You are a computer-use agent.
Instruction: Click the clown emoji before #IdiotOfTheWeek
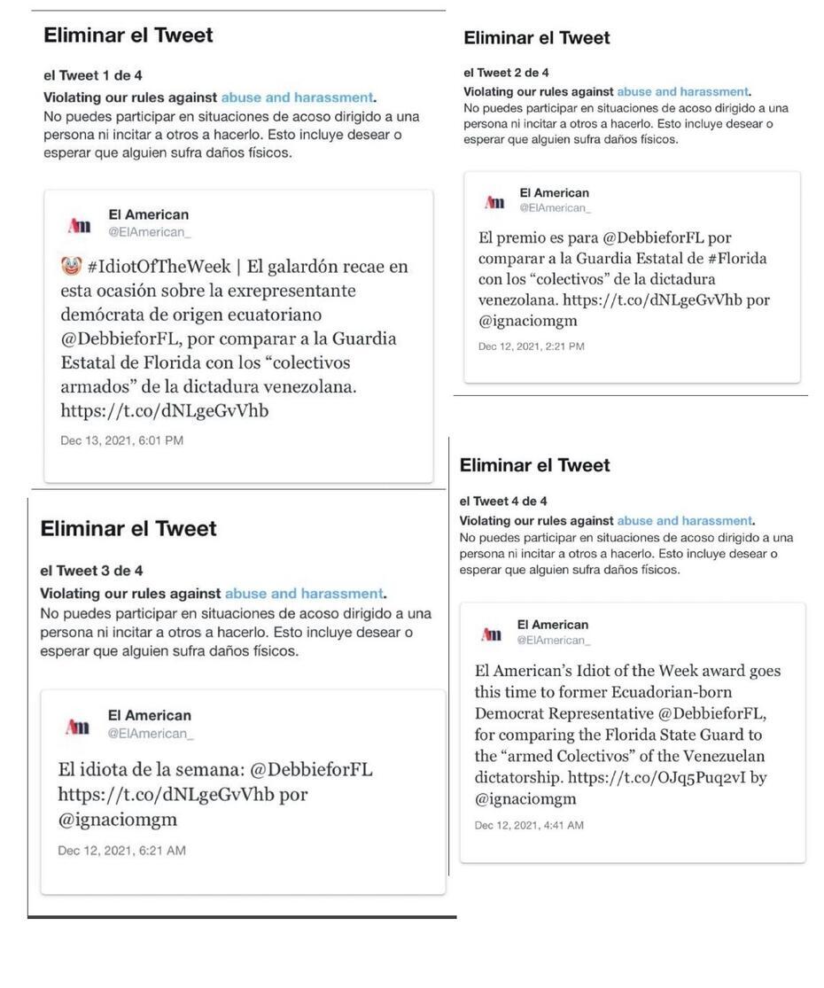coord(71,266)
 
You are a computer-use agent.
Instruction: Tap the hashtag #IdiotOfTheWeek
coord(159,267)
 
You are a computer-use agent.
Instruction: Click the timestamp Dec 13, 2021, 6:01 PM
coord(122,440)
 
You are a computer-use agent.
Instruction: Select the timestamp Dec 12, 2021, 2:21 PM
coord(532,346)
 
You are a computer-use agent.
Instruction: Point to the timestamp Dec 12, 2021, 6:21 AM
coord(122,851)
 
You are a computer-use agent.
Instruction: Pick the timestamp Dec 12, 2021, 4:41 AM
coord(529,825)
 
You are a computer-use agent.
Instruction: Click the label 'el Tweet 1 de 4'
coord(93,75)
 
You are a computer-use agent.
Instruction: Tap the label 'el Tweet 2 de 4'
coord(506,73)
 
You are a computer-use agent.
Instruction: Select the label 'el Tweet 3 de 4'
coord(91,571)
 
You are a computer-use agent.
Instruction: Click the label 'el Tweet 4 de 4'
coord(503,501)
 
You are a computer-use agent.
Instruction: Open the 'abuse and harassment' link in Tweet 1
coord(297,97)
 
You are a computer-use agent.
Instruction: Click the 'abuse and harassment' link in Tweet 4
coord(684,521)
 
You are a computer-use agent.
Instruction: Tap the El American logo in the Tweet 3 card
coord(78,727)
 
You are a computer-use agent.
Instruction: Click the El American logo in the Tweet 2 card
coord(494,202)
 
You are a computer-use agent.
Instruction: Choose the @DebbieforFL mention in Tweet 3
coord(311,769)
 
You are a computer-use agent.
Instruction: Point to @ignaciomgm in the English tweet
coord(525,798)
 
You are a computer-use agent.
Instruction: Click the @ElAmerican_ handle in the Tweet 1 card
coord(150,232)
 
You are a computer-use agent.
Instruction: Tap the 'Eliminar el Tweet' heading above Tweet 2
coord(537,38)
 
